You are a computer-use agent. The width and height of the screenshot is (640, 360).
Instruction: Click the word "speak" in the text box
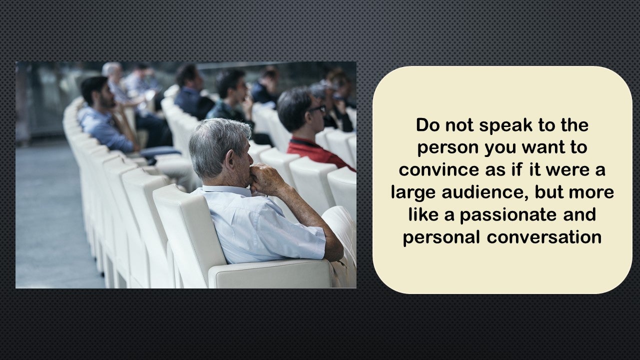tap(505, 126)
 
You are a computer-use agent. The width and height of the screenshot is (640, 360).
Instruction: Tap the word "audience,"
tap(485, 192)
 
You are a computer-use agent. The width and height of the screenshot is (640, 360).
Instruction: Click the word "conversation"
tap(544, 237)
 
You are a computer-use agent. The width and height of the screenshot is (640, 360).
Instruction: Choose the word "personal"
tap(441, 237)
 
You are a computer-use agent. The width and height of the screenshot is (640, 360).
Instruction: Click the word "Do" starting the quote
tap(428, 125)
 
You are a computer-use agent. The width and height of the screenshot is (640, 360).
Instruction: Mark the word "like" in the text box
tap(423, 214)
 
